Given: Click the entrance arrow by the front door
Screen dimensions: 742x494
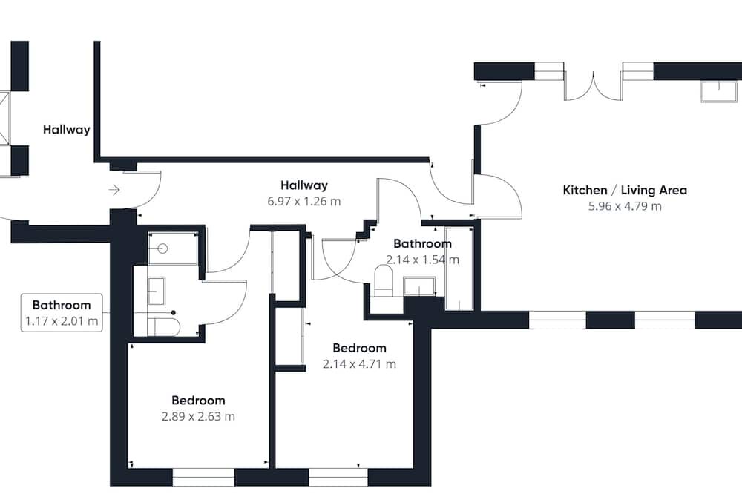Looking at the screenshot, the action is coord(114,190).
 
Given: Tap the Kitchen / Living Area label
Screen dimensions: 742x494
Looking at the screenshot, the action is coord(625,190).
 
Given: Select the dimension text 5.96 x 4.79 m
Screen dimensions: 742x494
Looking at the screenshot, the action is coord(625,206).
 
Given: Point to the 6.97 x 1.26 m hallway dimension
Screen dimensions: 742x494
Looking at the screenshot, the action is coord(303,202).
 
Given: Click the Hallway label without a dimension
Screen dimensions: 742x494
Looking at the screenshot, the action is coord(66,130).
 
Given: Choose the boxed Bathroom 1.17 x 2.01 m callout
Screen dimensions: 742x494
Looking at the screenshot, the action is coord(62,313).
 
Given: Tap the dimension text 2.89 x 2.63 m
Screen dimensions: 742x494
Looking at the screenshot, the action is coord(198,417).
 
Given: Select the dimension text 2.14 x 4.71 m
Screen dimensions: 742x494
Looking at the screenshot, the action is coord(360,364).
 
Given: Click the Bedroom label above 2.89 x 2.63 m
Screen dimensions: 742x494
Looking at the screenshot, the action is coord(198,401).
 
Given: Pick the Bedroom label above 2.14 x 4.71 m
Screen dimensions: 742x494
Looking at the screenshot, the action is coord(360,349).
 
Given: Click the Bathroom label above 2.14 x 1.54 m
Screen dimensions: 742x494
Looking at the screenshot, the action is coord(423,244).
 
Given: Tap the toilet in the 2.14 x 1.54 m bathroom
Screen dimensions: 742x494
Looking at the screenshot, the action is coord(384,280).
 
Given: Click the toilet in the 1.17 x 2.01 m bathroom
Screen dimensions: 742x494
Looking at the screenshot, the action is coord(164,326).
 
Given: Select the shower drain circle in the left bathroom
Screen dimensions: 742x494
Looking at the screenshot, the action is coord(164,248).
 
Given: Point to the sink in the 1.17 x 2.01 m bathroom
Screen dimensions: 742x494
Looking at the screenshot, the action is coord(156,291).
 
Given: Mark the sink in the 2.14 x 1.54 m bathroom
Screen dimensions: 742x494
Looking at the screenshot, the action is coord(420,287).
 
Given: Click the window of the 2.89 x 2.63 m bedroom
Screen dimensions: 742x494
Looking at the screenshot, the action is coord(203,477).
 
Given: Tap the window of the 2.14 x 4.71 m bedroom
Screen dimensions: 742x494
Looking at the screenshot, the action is coord(338,477).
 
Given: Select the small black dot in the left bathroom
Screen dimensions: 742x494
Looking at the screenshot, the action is coord(174,313).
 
